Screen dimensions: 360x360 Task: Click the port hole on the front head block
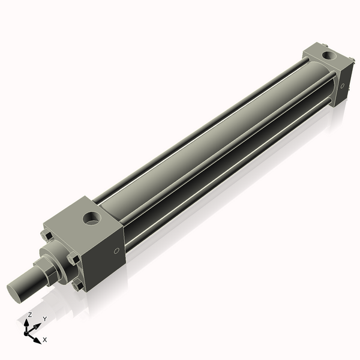click(x=92, y=218)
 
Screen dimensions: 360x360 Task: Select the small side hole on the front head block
click(x=116, y=251)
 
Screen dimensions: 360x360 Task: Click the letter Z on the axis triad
click(x=29, y=315)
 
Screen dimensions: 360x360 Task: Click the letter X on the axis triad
click(x=45, y=340)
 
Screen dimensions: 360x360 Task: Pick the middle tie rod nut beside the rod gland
click(x=73, y=259)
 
